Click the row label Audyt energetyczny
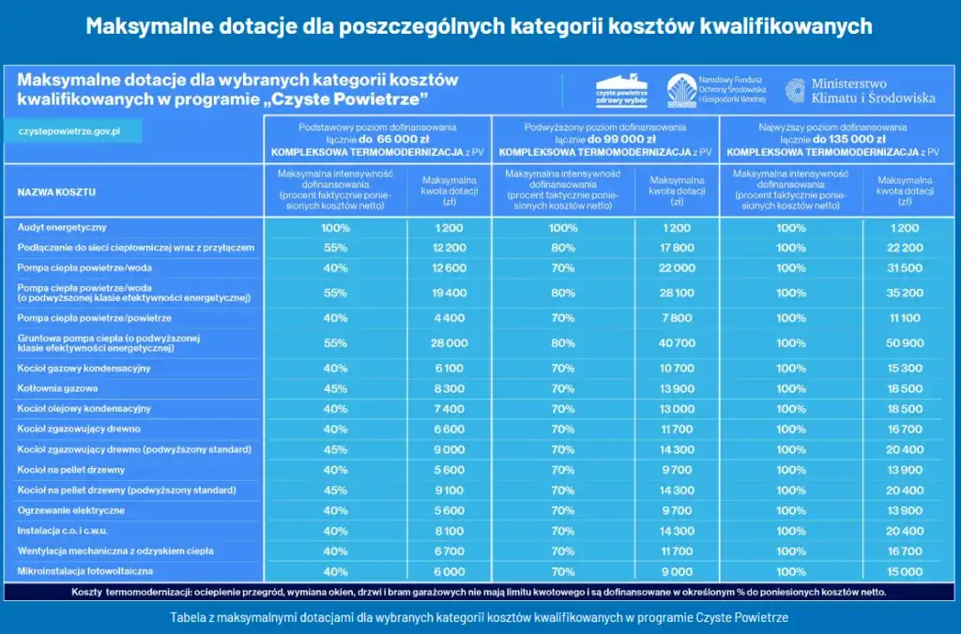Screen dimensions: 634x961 [x=62, y=228]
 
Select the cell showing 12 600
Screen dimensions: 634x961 [x=450, y=268]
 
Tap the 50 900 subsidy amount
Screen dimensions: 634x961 [x=906, y=343]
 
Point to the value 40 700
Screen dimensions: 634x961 [x=677, y=343]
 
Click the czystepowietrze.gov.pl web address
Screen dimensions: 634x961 [x=71, y=130]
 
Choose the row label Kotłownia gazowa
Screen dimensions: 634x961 [x=58, y=388]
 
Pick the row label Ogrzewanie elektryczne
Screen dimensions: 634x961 [x=71, y=510]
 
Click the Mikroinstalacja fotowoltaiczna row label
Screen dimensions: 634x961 [x=85, y=571]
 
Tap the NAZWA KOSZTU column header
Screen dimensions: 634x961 [x=56, y=192]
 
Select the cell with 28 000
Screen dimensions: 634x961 [x=450, y=343]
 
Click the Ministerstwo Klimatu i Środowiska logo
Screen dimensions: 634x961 [x=860, y=90]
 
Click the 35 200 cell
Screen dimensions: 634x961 [x=906, y=294]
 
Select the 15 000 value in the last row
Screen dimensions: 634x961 [x=906, y=571]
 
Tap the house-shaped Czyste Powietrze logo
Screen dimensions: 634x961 [x=623, y=91]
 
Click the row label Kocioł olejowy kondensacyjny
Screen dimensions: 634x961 [x=84, y=409]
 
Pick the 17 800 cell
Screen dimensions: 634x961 [x=677, y=248]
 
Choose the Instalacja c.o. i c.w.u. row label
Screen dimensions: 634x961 [x=66, y=531]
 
